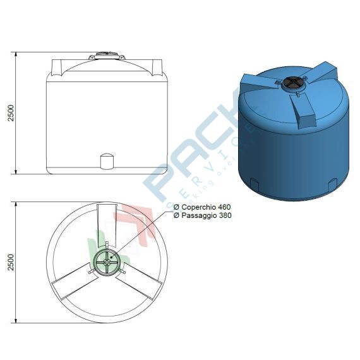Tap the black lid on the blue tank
292,82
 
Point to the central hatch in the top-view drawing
105,261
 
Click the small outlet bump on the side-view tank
106,162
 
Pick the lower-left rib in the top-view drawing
73,283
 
